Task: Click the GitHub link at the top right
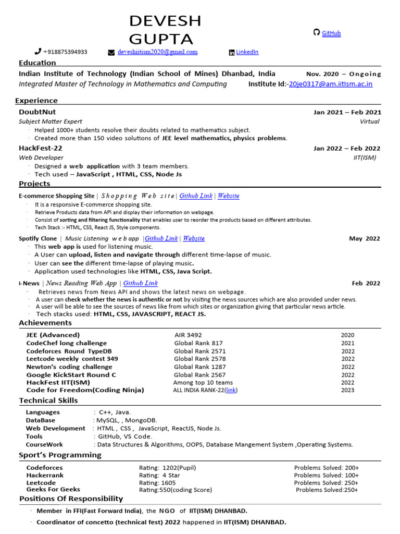pos(331,33)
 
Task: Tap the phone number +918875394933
pos(65,52)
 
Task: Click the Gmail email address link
pos(157,52)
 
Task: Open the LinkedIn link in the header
pos(247,52)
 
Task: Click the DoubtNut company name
pos(37,112)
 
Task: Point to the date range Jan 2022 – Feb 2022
pos(347,149)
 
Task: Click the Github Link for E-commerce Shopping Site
pos(196,196)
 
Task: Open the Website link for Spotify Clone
pos(194,238)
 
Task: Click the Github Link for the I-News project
pos(140,283)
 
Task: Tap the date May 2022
pos(365,239)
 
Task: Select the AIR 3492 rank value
pos(188,335)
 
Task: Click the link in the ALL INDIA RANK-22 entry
pos(231,390)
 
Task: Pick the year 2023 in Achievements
pos(347,390)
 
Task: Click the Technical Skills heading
pos(48,400)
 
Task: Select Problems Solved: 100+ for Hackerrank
pos(326,476)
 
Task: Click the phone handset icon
pos(37,52)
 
